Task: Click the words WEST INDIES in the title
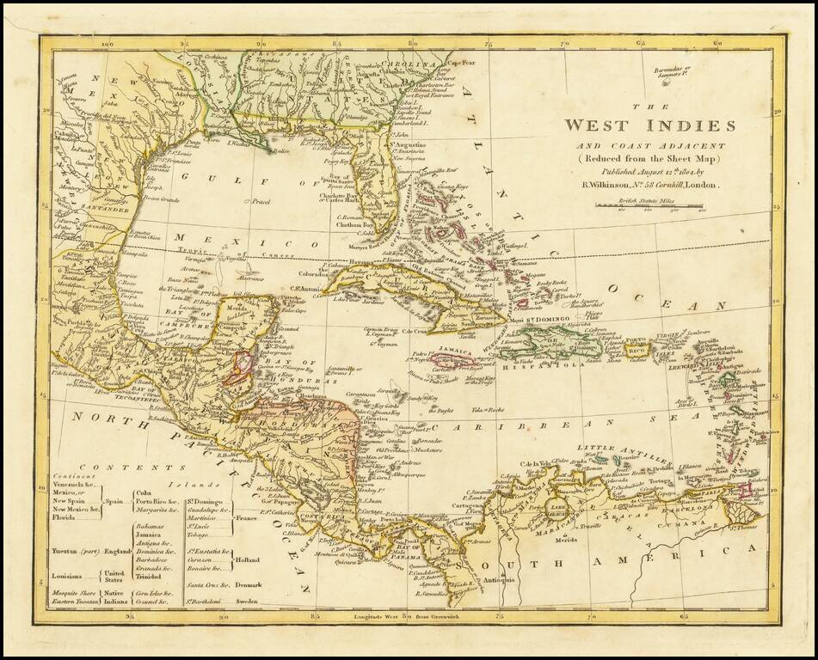click(x=649, y=125)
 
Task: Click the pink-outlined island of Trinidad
click(x=744, y=489)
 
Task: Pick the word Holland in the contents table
click(x=249, y=559)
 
